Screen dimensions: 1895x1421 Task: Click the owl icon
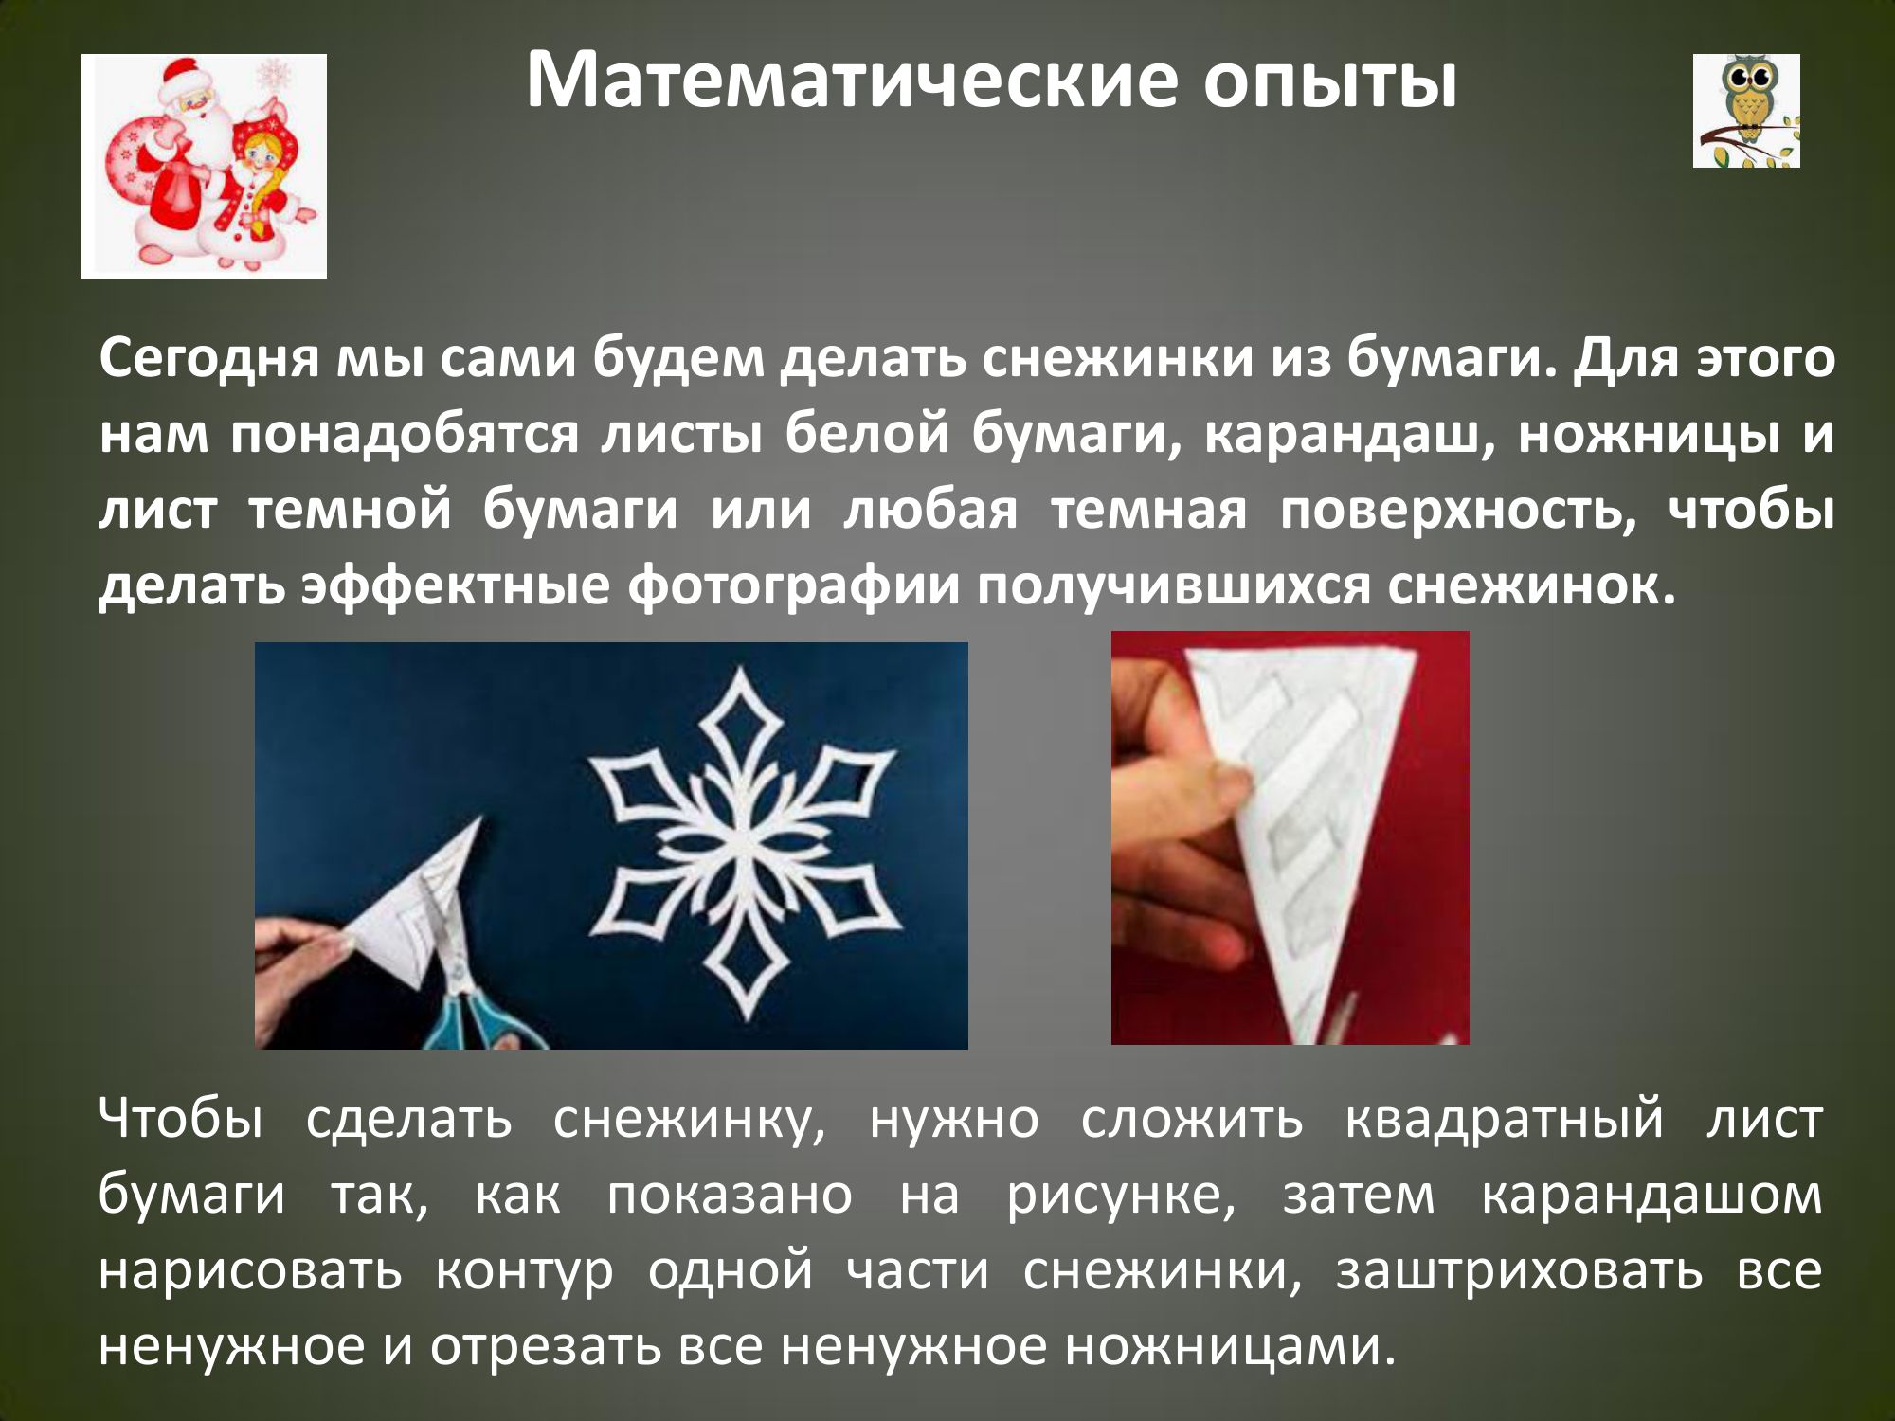[1746, 110]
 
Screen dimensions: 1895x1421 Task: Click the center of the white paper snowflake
[744, 843]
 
